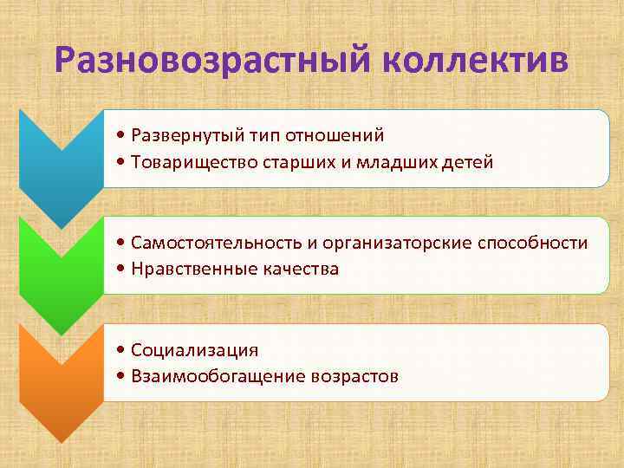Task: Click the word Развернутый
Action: pyautogui.click(x=184, y=136)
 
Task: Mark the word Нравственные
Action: pyautogui.click(x=191, y=270)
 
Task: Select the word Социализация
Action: pyautogui.click(x=195, y=350)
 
